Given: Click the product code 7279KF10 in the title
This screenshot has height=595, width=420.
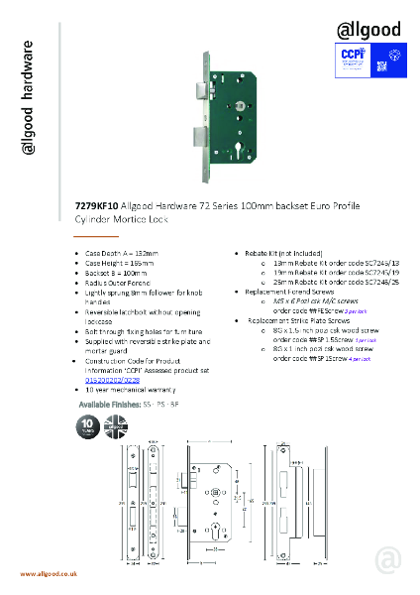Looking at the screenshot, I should [x=95, y=205].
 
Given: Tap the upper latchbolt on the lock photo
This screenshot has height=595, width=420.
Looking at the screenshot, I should [x=202, y=90].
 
